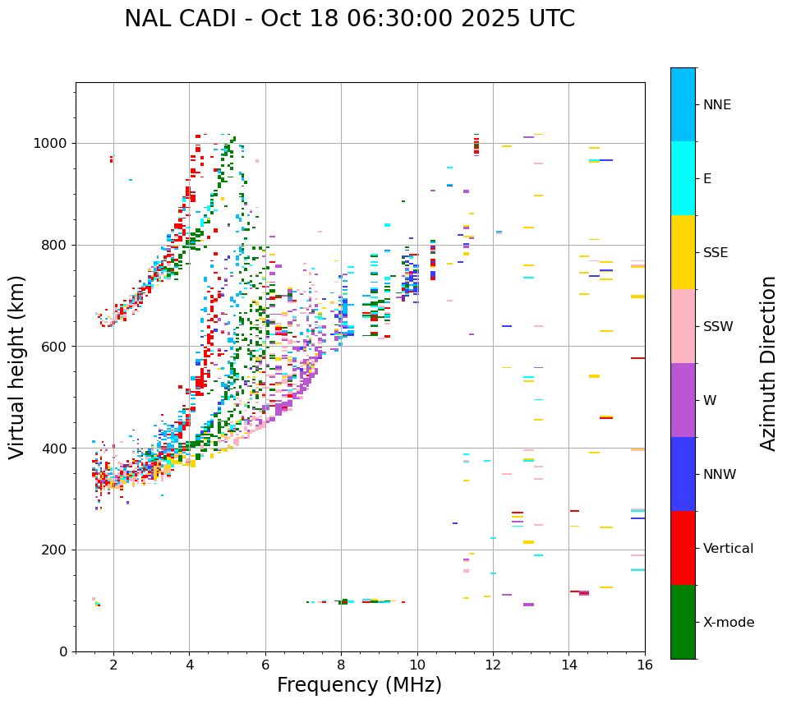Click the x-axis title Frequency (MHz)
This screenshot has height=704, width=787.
(x=359, y=685)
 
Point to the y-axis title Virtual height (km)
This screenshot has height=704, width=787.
(x=17, y=366)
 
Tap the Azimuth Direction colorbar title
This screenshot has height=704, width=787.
(x=768, y=363)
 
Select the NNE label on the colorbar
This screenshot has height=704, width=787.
(x=716, y=105)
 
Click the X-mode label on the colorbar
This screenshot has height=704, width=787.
(x=728, y=623)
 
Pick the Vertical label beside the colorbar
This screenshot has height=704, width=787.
(x=728, y=549)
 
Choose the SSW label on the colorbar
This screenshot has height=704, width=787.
(x=718, y=327)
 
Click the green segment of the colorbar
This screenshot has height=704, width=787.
(x=683, y=622)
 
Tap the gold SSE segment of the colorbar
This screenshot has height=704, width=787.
(x=683, y=252)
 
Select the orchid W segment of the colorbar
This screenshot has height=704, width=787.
(x=683, y=400)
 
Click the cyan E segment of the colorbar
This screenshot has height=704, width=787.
(x=683, y=178)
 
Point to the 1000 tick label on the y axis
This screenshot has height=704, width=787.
(x=51, y=144)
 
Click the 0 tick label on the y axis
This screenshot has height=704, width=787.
(x=62, y=651)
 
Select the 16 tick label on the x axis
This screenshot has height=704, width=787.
(x=644, y=665)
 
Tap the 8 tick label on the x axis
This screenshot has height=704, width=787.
(x=341, y=665)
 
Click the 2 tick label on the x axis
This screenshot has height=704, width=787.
(x=113, y=665)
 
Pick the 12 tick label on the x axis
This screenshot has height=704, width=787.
(x=493, y=665)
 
